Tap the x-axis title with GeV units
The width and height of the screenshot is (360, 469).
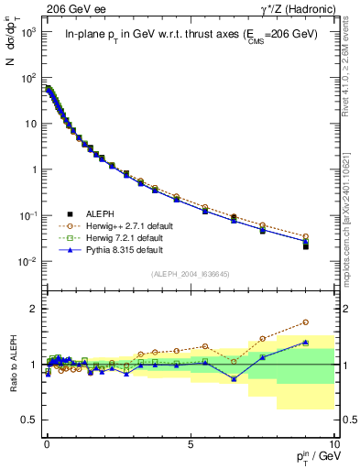pyautogui.click(x=311, y=457)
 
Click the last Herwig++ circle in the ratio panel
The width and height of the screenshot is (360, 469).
pyautogui.click(x=305, y=322)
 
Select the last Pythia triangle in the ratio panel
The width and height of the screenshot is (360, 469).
pyautogui.click(x=305, y=343)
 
